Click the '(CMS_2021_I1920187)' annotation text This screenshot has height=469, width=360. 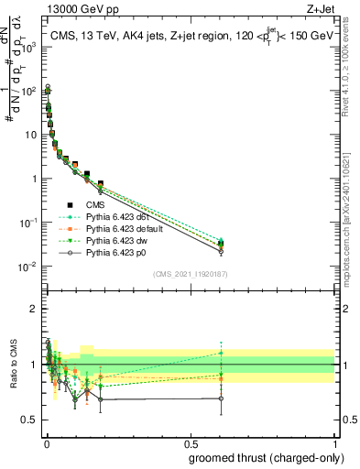point(190,275)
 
